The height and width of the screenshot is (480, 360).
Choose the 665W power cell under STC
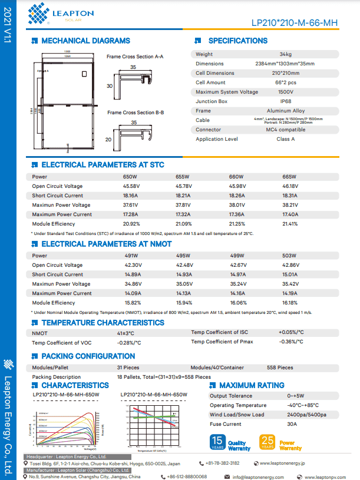click(289, 177)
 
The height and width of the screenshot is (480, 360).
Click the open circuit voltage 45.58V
click(131, 186)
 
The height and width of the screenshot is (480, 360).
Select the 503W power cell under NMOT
click(289, 256)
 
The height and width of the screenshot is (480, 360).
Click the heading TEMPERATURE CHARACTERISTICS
click(103, 323)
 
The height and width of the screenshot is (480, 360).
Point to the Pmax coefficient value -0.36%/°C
click(291, 342)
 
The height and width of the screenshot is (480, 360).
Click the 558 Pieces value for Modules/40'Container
click(280, 368)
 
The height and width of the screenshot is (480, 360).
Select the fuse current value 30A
click(291, 424)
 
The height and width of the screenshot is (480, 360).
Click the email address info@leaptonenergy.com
click(263, 476)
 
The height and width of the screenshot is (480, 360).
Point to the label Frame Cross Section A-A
click(135, 57)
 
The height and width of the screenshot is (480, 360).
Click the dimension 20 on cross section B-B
click(109, 140)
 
